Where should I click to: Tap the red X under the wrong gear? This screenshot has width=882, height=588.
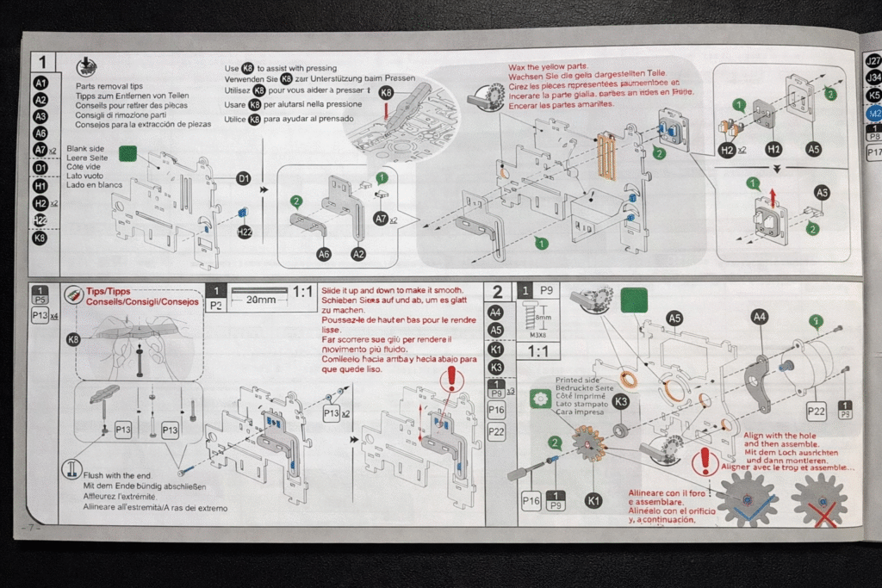823,514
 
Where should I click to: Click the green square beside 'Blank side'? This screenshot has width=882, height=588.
128,154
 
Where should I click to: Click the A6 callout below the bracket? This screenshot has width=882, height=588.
324,254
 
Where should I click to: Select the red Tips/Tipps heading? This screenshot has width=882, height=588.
118,292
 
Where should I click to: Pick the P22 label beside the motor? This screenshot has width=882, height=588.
816,412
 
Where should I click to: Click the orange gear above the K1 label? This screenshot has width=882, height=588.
590,449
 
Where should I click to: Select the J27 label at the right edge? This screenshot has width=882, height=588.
873,61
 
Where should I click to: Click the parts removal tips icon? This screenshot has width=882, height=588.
86,67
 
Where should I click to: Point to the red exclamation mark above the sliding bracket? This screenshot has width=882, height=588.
449,378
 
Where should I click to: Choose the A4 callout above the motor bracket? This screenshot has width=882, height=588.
759,317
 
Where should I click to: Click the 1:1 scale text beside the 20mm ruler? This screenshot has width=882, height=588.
302,292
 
